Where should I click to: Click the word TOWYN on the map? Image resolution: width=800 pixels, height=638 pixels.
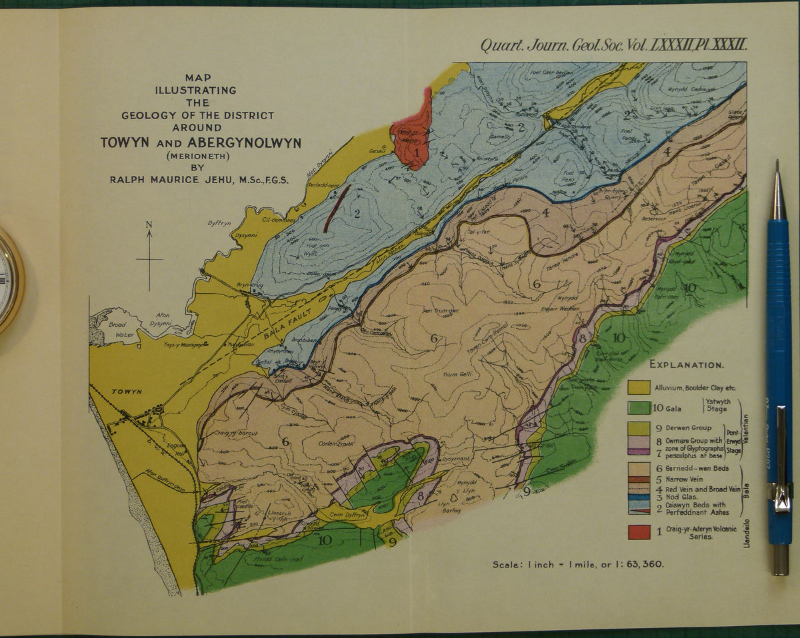(x=127, y=392)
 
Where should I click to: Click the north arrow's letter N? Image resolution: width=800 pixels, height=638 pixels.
(x=149, y=224)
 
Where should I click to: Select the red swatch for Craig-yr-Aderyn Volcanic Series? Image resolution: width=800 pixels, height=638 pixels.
(x=639, y=532)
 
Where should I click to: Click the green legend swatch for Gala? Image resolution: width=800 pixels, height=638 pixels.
(x=639, y=408)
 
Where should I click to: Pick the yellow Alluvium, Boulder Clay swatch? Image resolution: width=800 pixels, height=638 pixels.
(x=639, y=387)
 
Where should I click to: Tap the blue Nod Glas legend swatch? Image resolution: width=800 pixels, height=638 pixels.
(x=639, y=497)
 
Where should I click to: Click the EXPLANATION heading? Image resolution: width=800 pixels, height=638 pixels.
(x=687, y=365)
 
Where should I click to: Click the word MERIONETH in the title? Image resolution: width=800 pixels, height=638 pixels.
(x=198, y=157)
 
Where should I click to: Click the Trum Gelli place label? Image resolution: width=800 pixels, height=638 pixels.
(x=457, y=374)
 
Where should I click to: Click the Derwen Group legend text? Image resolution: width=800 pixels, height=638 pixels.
(x=688, y=428)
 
